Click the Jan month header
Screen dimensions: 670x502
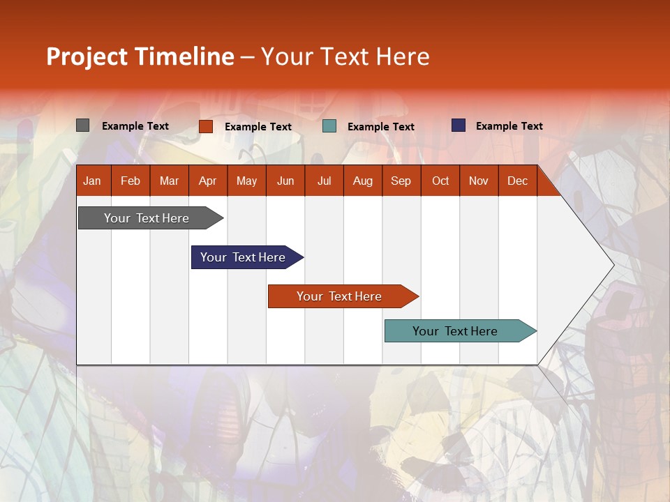(92, 181)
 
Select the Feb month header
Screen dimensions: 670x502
(131, 181)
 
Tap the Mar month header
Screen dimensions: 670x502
(169, 181)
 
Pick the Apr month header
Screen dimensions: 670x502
(207, 181)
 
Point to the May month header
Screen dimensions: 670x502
(246, 181)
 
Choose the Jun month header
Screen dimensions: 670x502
(285, 181)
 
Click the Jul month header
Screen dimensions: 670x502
(324, 181)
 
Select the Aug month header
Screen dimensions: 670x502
(363, 181)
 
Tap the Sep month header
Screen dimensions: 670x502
(401, 181)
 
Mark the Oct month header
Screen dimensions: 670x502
(440, 181)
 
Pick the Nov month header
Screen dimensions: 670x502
(479, 181)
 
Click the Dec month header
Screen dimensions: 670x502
(518, 181)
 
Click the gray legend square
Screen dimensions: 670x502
(83, 125)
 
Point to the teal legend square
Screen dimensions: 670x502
(329, 126)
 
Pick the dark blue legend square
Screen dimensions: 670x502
(459, 125)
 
